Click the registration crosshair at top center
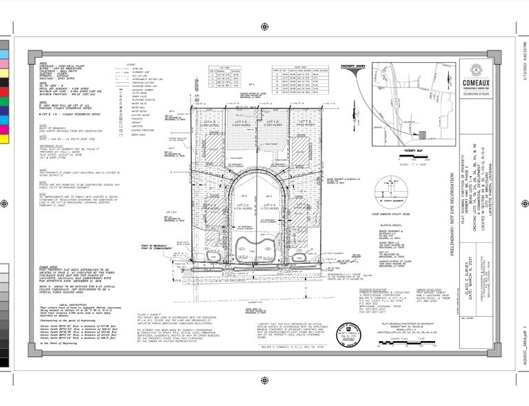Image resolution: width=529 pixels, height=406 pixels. pos(264,28)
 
